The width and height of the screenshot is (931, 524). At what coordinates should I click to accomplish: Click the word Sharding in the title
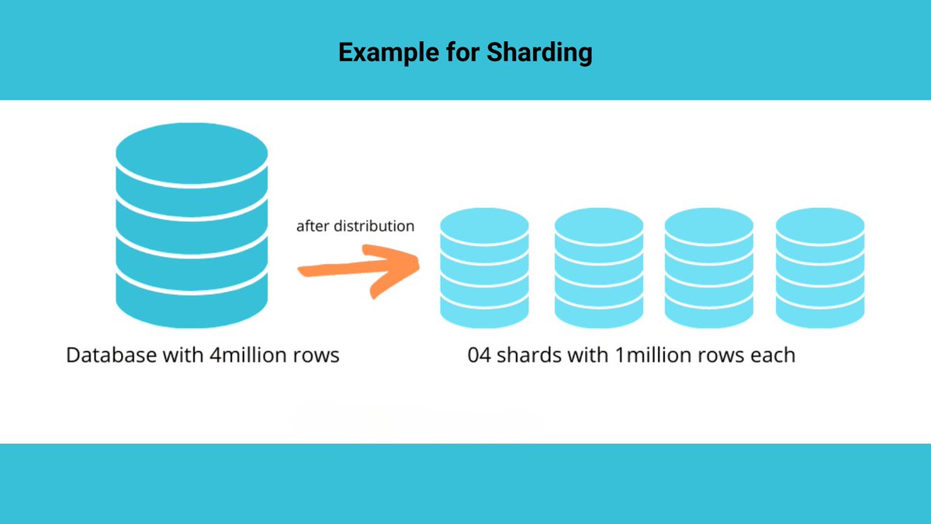tap(539, 53)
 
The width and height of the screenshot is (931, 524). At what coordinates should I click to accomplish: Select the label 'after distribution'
tap(355, 227)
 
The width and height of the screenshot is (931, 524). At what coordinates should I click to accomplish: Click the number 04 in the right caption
tap(479, 356)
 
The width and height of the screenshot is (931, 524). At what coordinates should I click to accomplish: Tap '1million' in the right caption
tap(645, 356)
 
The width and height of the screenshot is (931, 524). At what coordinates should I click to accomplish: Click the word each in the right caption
tap(773, 356)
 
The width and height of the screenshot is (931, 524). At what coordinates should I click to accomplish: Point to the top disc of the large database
tap(192, 152)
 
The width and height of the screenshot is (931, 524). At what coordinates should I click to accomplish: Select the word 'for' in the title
tap(462, 53)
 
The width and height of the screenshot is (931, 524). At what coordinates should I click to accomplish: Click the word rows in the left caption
tap(316, 356)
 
